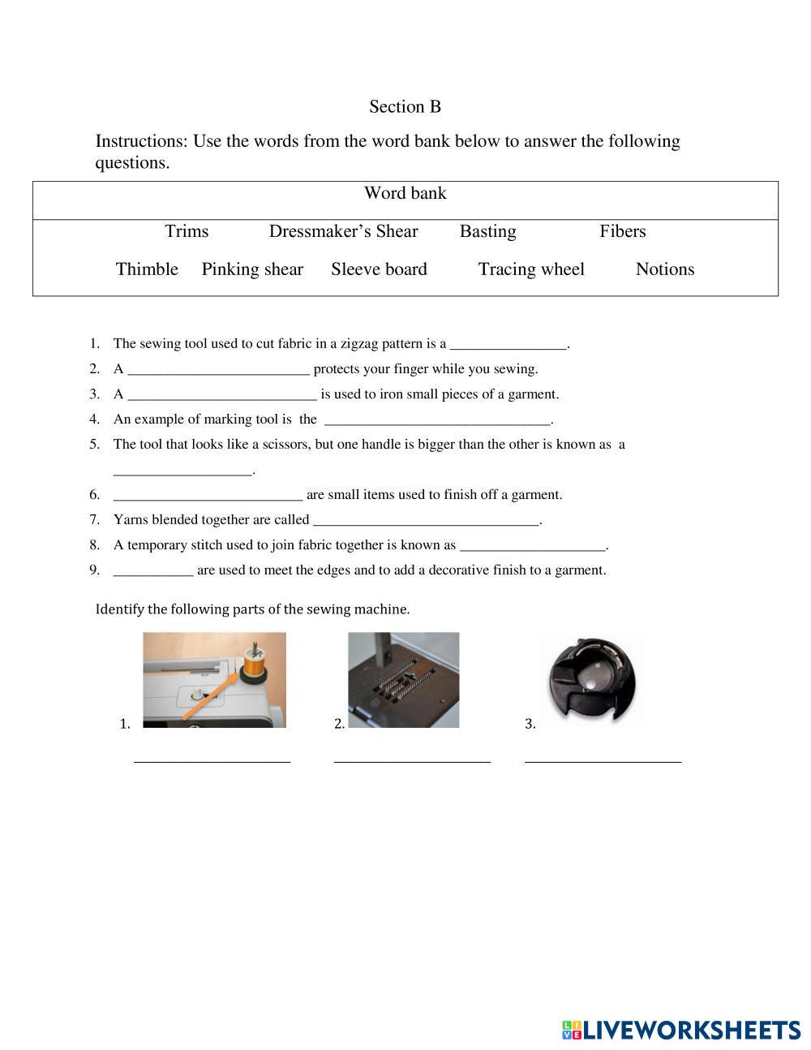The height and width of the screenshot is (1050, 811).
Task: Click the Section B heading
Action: (x=405, y=106)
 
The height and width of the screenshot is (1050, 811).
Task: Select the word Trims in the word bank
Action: (x=187, y=231)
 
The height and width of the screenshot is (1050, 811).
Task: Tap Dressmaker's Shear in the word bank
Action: (x=343, y=231)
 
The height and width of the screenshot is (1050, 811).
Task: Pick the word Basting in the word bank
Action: (x=487, y=231)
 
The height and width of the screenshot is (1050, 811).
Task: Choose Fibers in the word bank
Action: (x=622, y=231)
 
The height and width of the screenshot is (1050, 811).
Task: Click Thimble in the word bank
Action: (x=147, y=269)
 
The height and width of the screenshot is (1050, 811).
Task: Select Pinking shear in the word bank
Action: (x=252, y=269)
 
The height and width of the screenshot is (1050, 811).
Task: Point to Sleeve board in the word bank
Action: (x=379, y=269)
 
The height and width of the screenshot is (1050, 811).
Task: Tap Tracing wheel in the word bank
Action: (x=530, y=269)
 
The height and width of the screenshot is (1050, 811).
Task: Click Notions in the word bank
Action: (x=664, y=269)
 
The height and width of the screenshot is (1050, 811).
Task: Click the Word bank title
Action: (x=405, y=193)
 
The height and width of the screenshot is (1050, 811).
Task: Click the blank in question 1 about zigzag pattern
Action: (x=508, y=345)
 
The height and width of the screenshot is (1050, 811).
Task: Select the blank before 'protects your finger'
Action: (x=219, y=370)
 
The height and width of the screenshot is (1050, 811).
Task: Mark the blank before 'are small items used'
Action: (x=208, y=496)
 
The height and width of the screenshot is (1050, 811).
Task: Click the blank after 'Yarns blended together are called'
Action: (x=426, y=521)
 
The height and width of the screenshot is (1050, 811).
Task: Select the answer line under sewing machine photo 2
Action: (x=412, y=760)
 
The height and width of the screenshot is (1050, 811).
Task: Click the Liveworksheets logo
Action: (x=681, y=1030)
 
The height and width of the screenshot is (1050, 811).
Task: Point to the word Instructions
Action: (x=140, y=141)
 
